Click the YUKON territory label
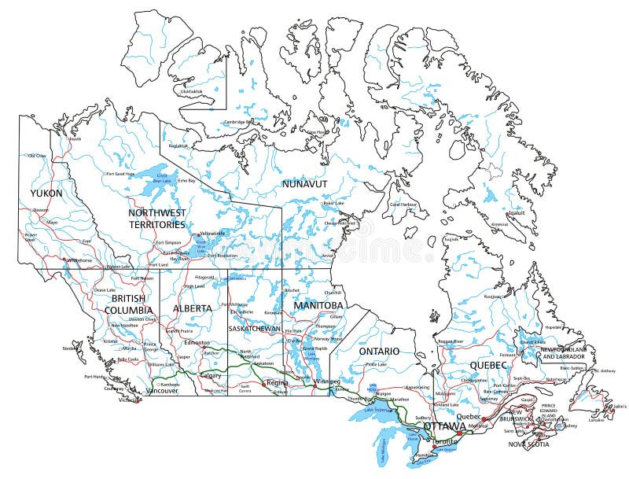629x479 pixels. click(x=46, y=193)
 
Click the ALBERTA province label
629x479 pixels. click(x=193, y=308)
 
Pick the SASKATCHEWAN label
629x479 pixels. click(x=253, y=328)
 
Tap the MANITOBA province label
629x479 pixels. click(x=318, y=304)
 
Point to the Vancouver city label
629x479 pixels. click(x=163, y=390)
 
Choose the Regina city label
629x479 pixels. click(x=278, y=382)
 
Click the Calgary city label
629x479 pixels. click(x=211, y=375)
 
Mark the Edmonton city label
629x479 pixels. click(x=196, y=343)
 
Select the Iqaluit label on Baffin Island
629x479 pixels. click(x=516, y=212)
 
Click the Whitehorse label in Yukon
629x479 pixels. click(x=79, y=260)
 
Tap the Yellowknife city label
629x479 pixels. click(x=212, y=234)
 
